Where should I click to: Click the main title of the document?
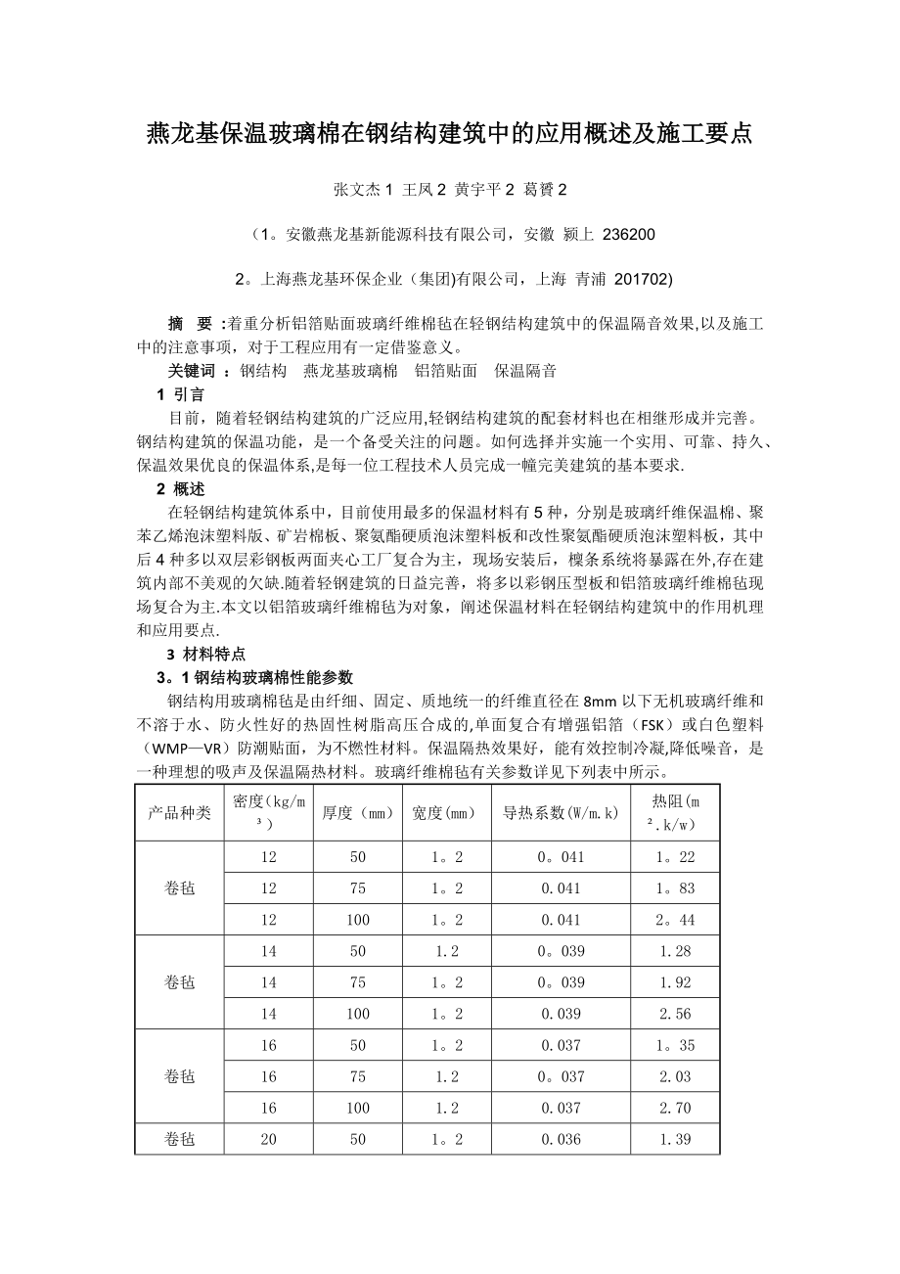pyautogui.click(x=449, y=134)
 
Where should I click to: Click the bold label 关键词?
pyautogui.click(x=192, y=371)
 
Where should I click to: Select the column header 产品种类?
pyautogui.click(x=179, y=813)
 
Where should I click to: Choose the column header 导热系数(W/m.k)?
pyautogui.click(x=561, y=813)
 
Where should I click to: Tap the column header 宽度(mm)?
pyautogui.click(x=446, y=813)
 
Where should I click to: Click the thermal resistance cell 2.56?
pyautogui.click(x=675, y=1014)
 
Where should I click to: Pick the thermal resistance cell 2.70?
pyautogui.click(x=675, y=1108)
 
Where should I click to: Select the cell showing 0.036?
pyautogui.click(x=561, y=1139)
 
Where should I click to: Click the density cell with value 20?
pyautogui.click(x=268, y=1139)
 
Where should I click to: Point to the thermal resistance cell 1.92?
pyautogui.click(x=675, y=982)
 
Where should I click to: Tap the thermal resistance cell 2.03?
pyautogui.click(x=675, y=1076)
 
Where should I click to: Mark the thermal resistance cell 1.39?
pyautogui.click(x=675, y=1139)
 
